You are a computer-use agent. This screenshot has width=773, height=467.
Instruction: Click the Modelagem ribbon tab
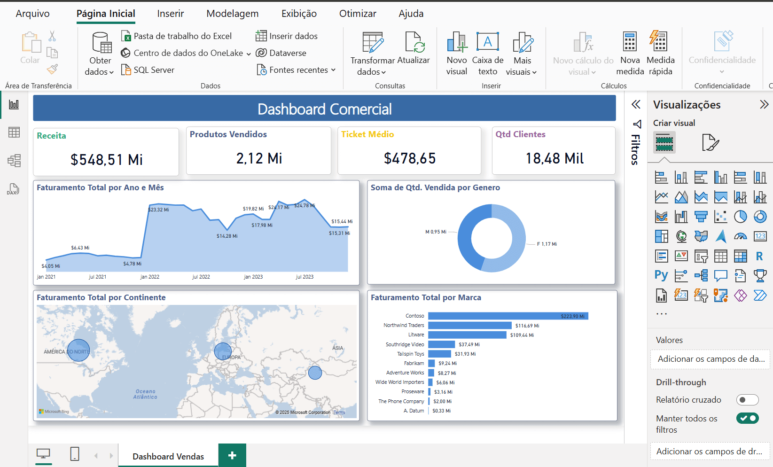232,14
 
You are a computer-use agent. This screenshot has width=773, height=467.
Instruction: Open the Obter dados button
100,54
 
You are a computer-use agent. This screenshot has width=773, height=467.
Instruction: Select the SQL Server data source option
154,70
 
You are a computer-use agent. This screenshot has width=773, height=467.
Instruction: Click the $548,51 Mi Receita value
107,160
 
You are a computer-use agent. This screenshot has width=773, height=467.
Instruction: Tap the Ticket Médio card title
367,134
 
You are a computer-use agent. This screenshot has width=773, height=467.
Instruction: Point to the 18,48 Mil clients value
554,159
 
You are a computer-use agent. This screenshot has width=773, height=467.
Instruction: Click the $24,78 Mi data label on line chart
305,205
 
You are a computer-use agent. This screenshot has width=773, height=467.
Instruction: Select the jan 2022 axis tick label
150,277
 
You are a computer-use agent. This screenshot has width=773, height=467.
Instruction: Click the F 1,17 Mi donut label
547,244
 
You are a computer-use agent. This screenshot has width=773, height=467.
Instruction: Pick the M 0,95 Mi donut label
436,232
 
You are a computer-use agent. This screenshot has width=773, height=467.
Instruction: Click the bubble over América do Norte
78,350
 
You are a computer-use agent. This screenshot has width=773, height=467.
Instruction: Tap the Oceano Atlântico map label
146,394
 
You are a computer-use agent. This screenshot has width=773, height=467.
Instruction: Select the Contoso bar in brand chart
508,316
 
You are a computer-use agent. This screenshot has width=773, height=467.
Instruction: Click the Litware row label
416,335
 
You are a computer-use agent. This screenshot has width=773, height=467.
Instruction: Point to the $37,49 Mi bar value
469,344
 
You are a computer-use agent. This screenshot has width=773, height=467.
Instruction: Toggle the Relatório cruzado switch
747,400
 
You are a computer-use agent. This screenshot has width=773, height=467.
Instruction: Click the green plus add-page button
232,455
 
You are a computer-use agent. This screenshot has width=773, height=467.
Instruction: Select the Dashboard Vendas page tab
168,456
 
